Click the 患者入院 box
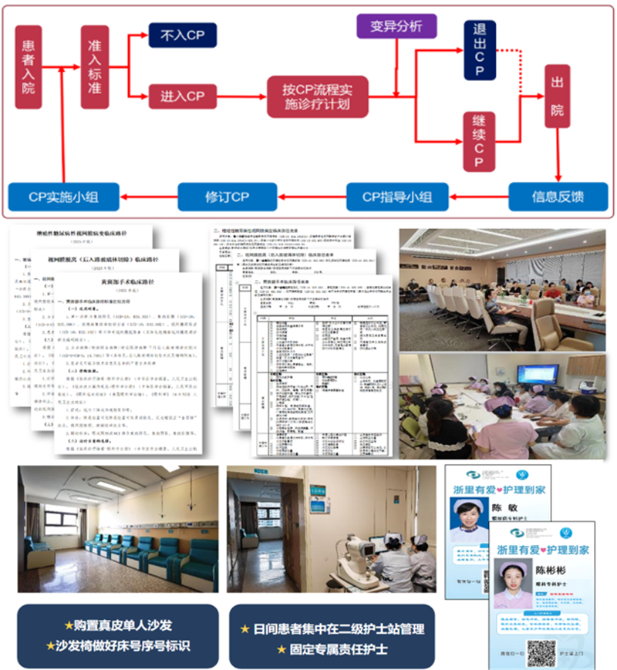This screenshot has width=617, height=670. (29, 67)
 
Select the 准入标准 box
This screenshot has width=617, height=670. (95, 66)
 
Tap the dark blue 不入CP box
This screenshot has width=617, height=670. (182, 35)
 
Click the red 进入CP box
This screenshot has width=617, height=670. (182, 96)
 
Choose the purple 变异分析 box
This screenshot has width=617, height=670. (396, 26)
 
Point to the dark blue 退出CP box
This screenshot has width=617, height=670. (479, 51)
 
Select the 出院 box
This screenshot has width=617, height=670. (558, 96)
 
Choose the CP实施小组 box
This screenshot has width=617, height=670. (63, 196)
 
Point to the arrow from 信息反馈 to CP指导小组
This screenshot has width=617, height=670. (478, 196)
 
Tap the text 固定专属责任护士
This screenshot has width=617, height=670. (333, 648)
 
